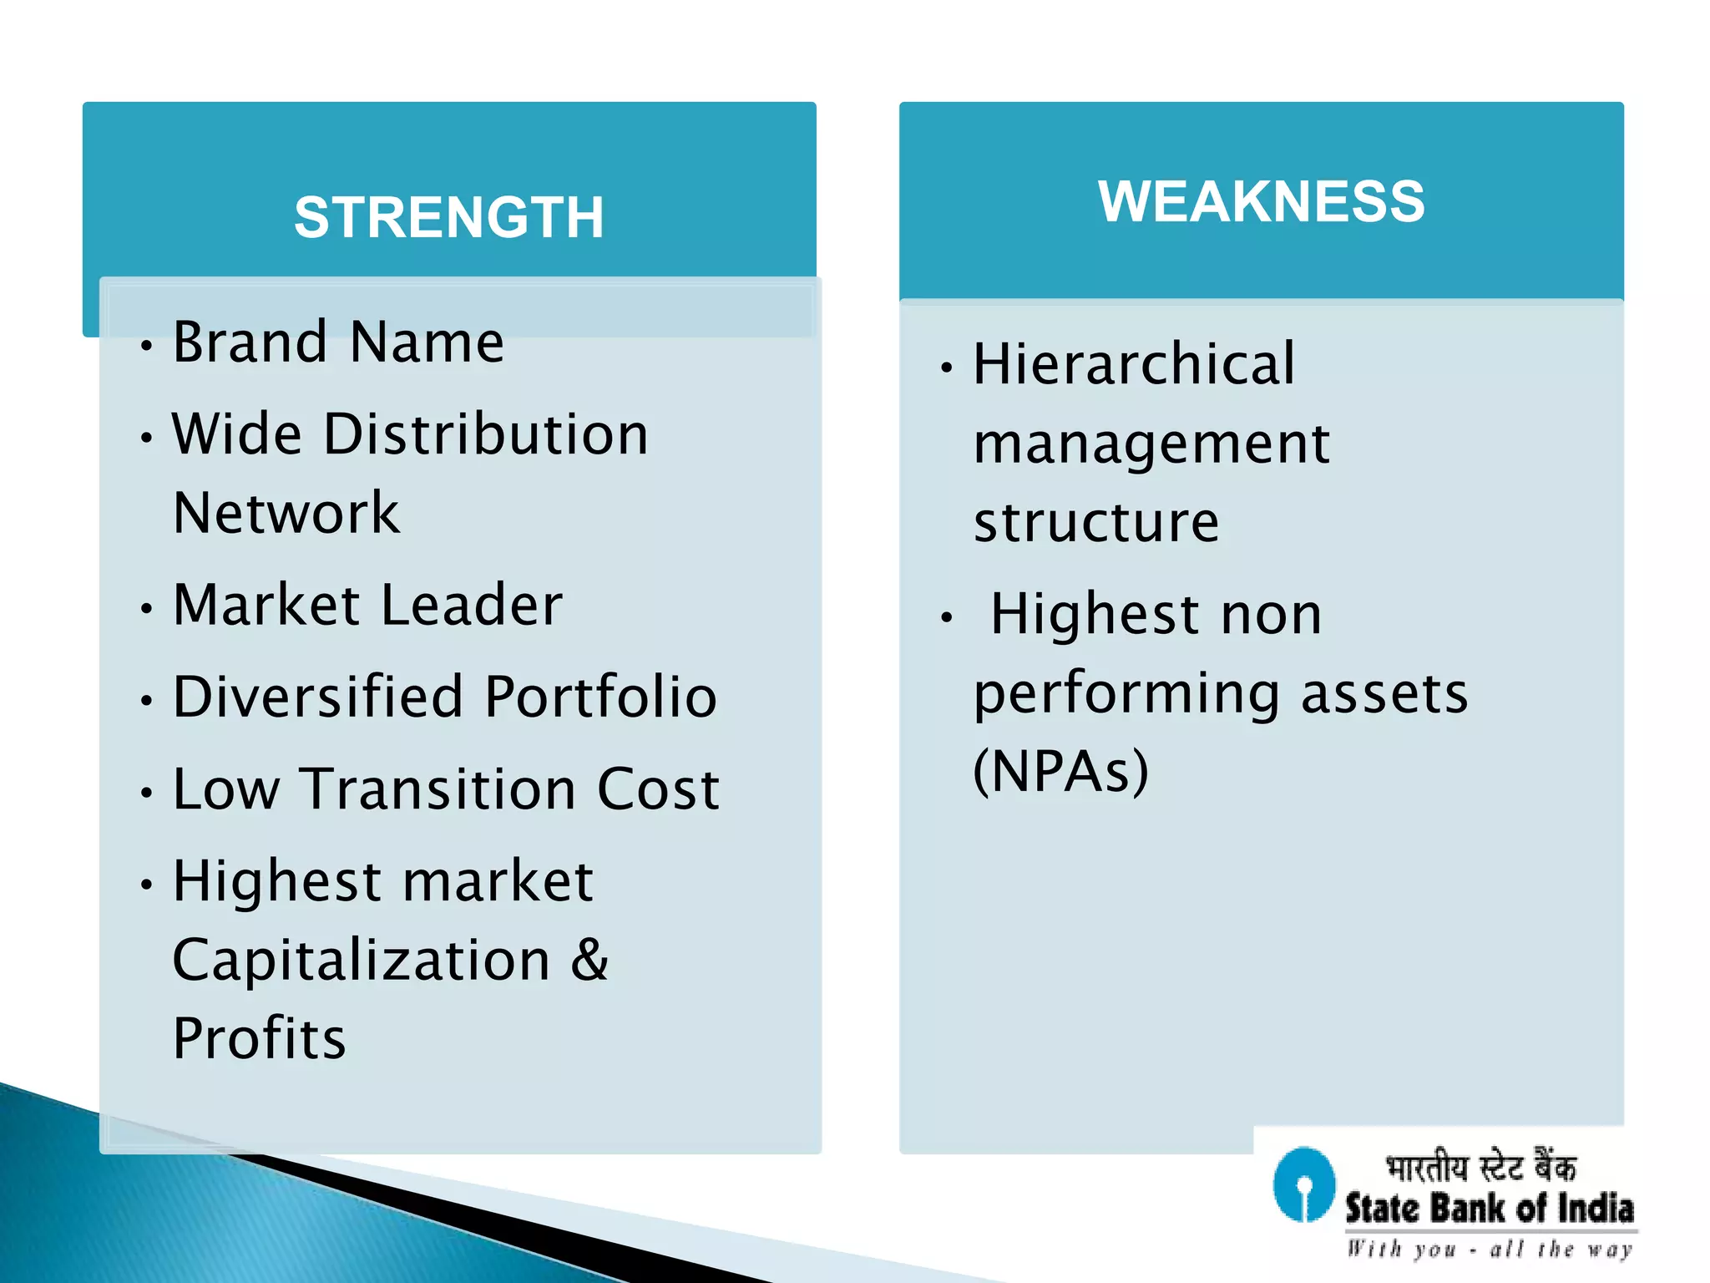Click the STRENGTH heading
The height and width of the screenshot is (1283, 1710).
pyautogui.click(x=448, y=217)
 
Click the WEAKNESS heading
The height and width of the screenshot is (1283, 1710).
pyautogui.click(x=1261, y=201)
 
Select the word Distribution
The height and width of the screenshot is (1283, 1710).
pyautogui.click(x=485, y=434)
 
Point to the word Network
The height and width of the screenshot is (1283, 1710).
pyautogui.click(x=286, y=512)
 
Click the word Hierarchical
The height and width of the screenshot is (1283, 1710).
pyautogui.click(x=1134, y=364)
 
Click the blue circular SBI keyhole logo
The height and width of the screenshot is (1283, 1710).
pyautogui.click(x=1303, y=1184)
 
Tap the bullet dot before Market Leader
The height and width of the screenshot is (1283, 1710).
pyautogui.click(x=147, y=608)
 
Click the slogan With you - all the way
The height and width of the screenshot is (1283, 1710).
pyautogui.click(x=1490, y=1249)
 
